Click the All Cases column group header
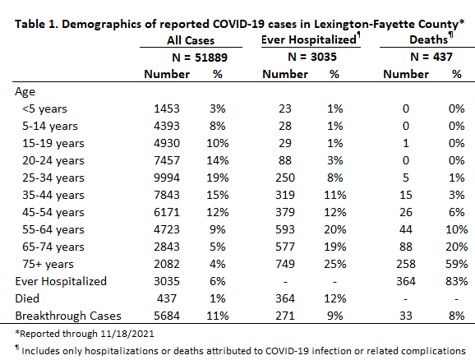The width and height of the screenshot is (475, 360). click(x=191, y=40)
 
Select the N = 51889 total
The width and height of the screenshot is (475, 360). click(x=200, y=58)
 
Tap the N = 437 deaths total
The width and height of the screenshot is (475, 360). click(x=431, y=57)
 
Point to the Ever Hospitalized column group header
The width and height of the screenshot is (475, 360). click(x=309, y=39)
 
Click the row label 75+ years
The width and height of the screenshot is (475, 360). click(x=48, y=264)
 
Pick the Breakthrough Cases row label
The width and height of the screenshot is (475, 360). click(x=68, y=316)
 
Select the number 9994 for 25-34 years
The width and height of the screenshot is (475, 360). click(x=167, y=178)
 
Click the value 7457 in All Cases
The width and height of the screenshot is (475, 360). click(x=167, y=160)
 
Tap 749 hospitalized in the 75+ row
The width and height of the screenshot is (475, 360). click(x=285, y=264)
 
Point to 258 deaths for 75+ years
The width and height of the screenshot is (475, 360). click(x=406, y=264)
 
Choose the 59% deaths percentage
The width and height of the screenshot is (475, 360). click(x=457, y=264)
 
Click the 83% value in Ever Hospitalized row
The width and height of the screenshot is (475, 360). click(x=457, y=281)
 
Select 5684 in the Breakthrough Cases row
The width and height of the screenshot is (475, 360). click(x=167, y=316)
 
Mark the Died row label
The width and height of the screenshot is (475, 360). click(x=27, y=298)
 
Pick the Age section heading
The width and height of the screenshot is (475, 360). click(x=25, y=91)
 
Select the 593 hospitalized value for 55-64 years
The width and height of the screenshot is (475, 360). click(x=285, y=229)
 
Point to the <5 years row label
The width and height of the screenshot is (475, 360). click(x=44, y=108)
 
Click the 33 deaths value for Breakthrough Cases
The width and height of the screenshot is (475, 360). click(x=406, y=316)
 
